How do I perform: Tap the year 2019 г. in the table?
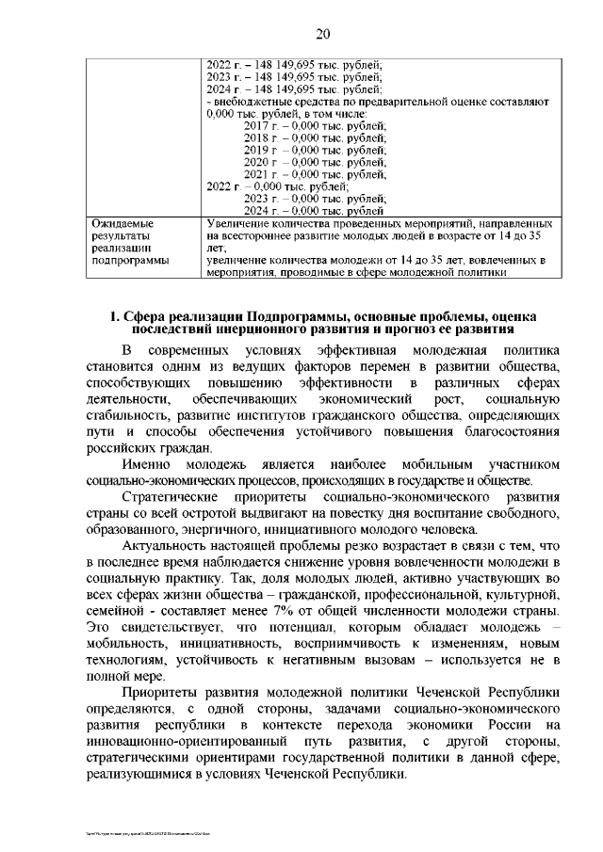pos(260,150)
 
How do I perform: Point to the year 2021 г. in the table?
pos(260,174)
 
